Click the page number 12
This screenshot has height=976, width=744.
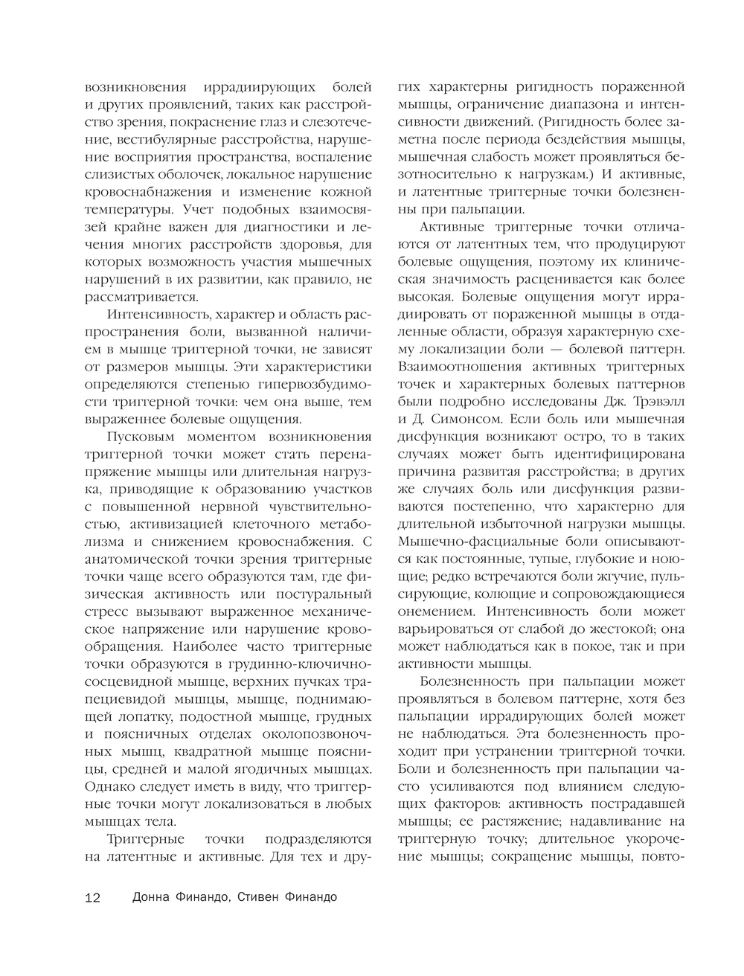pos(92,897)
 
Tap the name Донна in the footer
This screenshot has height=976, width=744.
pos(152,896)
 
